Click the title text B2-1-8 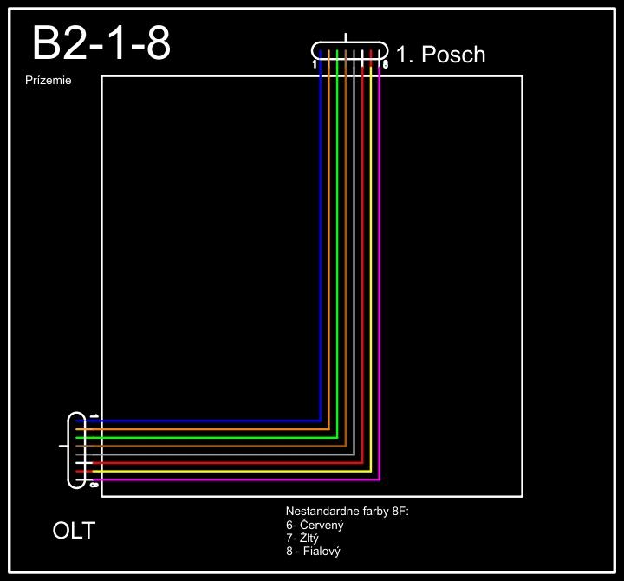pyautogui.click(x=101, y=43)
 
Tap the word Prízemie pyautogui.click(x=49, y=81)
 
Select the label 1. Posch pyautogui.click(x=440, y=55)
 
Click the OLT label pyautogui.click(x=74, y=530)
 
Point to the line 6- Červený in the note pyautogui.click(x=315, y=526)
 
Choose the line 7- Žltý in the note pyautogui.click(x=302, y=539)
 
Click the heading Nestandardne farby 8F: pyautogui.click(x=347, y=512)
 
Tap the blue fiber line pyautogui.click(x=321, y=260)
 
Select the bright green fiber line pyautogui.click(x=337, y=260)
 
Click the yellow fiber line pyautogui.click(x=371, y=260)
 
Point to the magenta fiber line pyautogui.click(x=380, y=260)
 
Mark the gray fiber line pyautogui.click(x=354, y=260)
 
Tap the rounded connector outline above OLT pyautogui.click(x=69, y=451)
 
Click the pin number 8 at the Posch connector pyautogui.click(x=385, y=64)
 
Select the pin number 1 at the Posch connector pyautogui.click(x=315, y=64)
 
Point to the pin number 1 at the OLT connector pyautogui.click(x=93, y=417)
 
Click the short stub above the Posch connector pyautogui.click(x=347, y=37)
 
